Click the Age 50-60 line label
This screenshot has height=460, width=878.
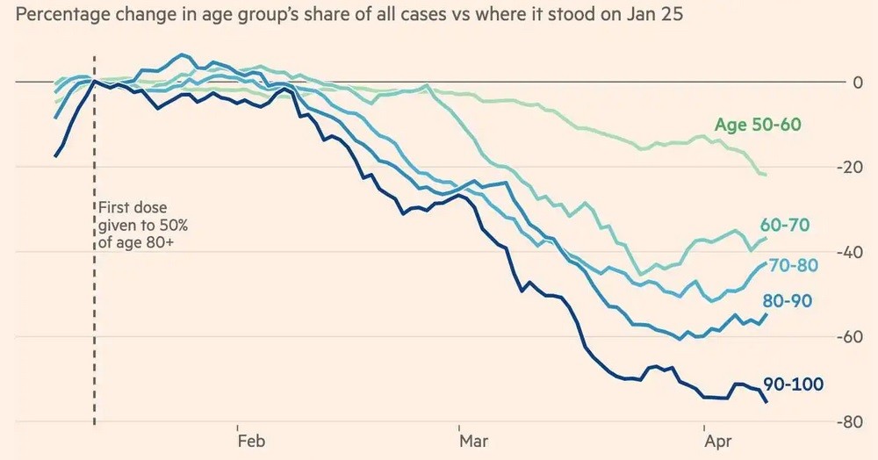pos(758,125)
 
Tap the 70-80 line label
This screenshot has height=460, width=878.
pos(793,265)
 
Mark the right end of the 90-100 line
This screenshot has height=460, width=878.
pos(766,402)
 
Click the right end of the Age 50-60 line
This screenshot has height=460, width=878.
pos(766,175)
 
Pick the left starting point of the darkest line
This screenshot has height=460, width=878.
pos(55,156)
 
